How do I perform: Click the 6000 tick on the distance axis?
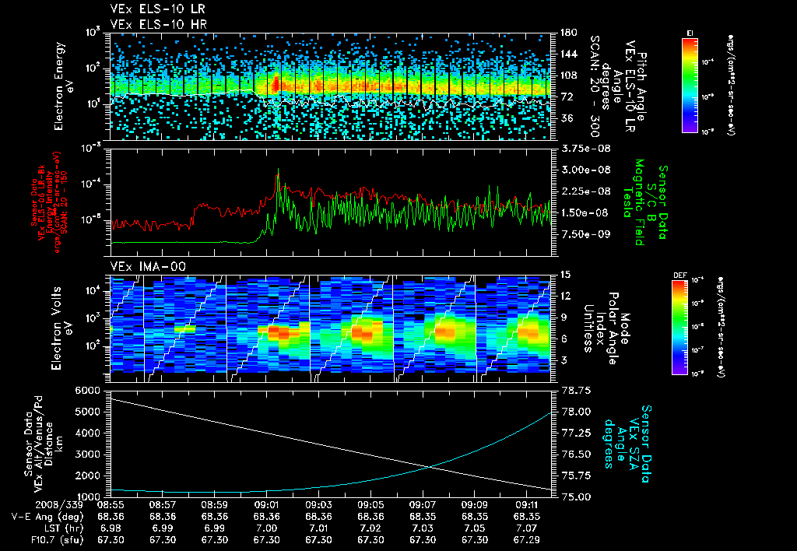point(88,389)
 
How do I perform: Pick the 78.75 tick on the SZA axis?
point(577,389)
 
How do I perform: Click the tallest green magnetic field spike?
point(278,173)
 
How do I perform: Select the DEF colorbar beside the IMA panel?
point(690,326)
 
